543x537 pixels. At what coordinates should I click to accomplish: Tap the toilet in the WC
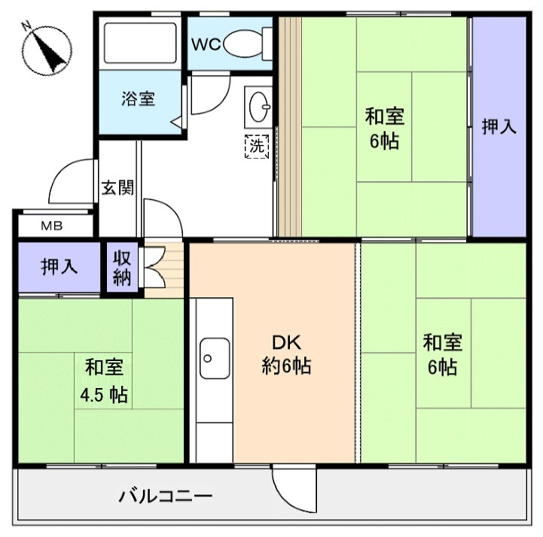coord(243,43)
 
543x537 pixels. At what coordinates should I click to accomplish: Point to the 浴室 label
coord(139,99)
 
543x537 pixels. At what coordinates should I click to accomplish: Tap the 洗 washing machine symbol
coord(257,145)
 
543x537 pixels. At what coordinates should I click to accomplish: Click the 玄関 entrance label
coord(117,187)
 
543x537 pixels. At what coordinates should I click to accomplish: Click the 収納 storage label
coord(123,267)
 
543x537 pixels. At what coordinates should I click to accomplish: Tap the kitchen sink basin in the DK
coord(215,356)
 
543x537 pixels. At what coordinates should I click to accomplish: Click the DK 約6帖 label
coord(287,355)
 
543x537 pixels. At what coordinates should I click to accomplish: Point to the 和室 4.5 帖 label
coord(104,381)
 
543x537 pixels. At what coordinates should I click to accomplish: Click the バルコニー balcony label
coord(166,496)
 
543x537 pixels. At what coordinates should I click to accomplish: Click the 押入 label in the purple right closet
coord(499,126)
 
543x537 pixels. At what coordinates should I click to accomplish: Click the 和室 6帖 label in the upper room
coord(385,128)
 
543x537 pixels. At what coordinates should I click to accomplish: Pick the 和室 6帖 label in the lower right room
coord(443,355)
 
